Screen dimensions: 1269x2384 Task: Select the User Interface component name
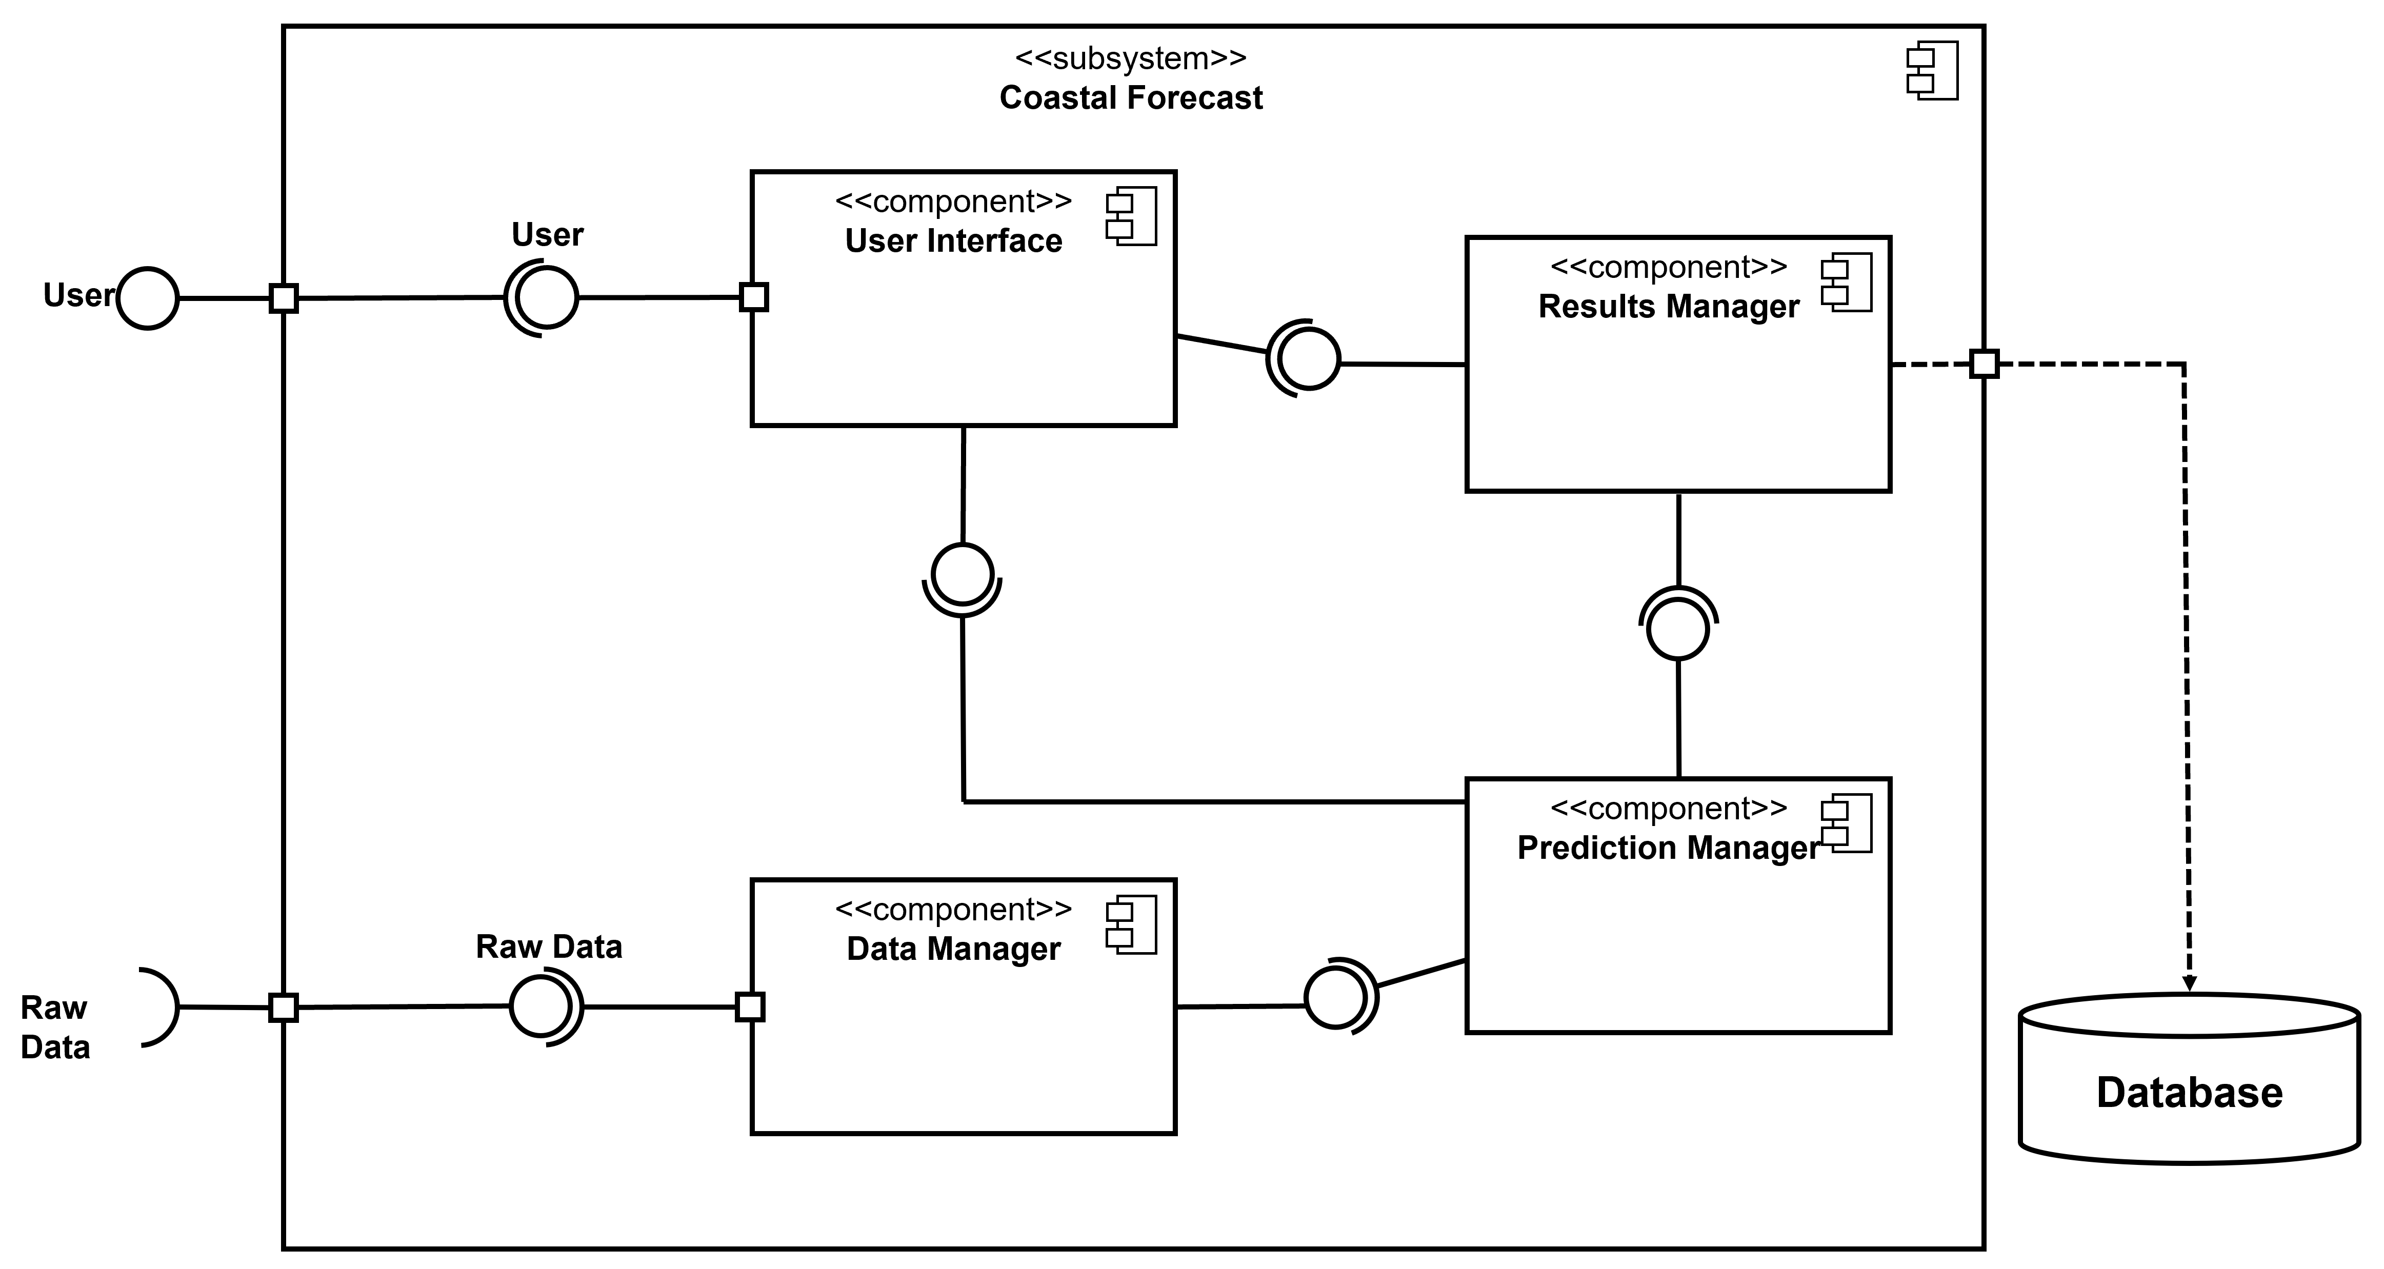click(x=953, y=240)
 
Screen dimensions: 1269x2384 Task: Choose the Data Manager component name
click(x=953, y=949)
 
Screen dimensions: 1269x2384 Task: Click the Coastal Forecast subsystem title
click(x=1130, y=97)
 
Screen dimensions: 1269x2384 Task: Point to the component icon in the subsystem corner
click(x=1932, y=70)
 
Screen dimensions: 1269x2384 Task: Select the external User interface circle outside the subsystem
click(x=148, y=298)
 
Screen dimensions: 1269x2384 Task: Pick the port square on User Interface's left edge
click(x=754, y=297)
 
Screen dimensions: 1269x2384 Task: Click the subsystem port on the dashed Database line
click(x=1984, y=364)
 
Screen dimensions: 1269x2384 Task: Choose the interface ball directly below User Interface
click(x=963, y=574)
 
